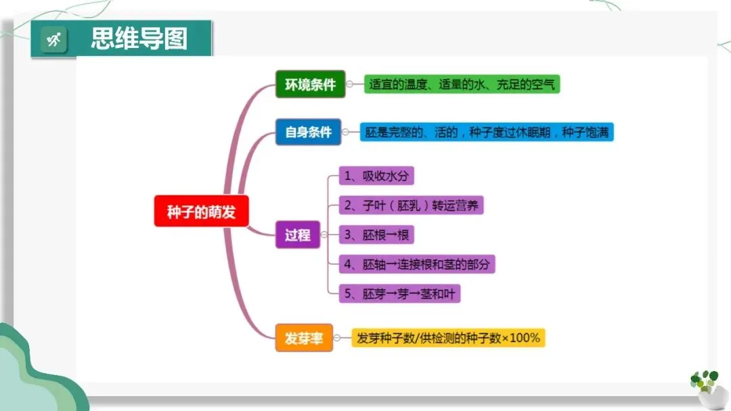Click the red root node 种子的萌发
[x=201, y=211]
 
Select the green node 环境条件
[x=310, y=85]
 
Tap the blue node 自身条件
[x=308, y=132]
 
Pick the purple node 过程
[x=297, y=235]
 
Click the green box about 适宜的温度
[x=462, y=84]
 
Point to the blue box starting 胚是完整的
[x=486, y=132]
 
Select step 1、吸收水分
[x=376, y=176]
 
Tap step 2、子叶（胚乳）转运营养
[x=412, y=205]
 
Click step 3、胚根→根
[x=376, y=235]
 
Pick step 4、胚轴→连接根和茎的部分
[x=417, y=264]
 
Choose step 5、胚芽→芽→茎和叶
[x=403, y=293]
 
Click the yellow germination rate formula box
[x=448, y=338]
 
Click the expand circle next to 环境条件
[x=350, y=85]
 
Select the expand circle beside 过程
[x=324, y=235]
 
